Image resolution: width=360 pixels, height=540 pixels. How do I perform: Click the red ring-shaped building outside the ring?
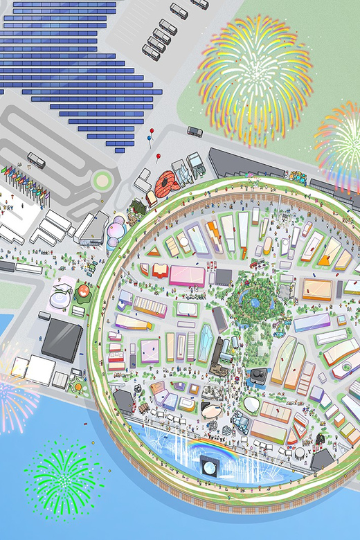click(166, 184)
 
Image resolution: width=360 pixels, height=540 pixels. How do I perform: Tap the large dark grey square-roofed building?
click(62, 339)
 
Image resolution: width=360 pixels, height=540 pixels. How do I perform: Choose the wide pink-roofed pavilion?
click(187, 276)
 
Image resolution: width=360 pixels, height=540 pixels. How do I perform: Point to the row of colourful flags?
click(17, 178)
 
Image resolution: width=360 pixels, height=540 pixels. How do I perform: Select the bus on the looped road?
click(36, 161)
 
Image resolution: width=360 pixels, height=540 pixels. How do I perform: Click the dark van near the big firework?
click(195, 131)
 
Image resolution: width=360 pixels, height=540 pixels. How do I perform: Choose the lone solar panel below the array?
click(119, 150)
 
